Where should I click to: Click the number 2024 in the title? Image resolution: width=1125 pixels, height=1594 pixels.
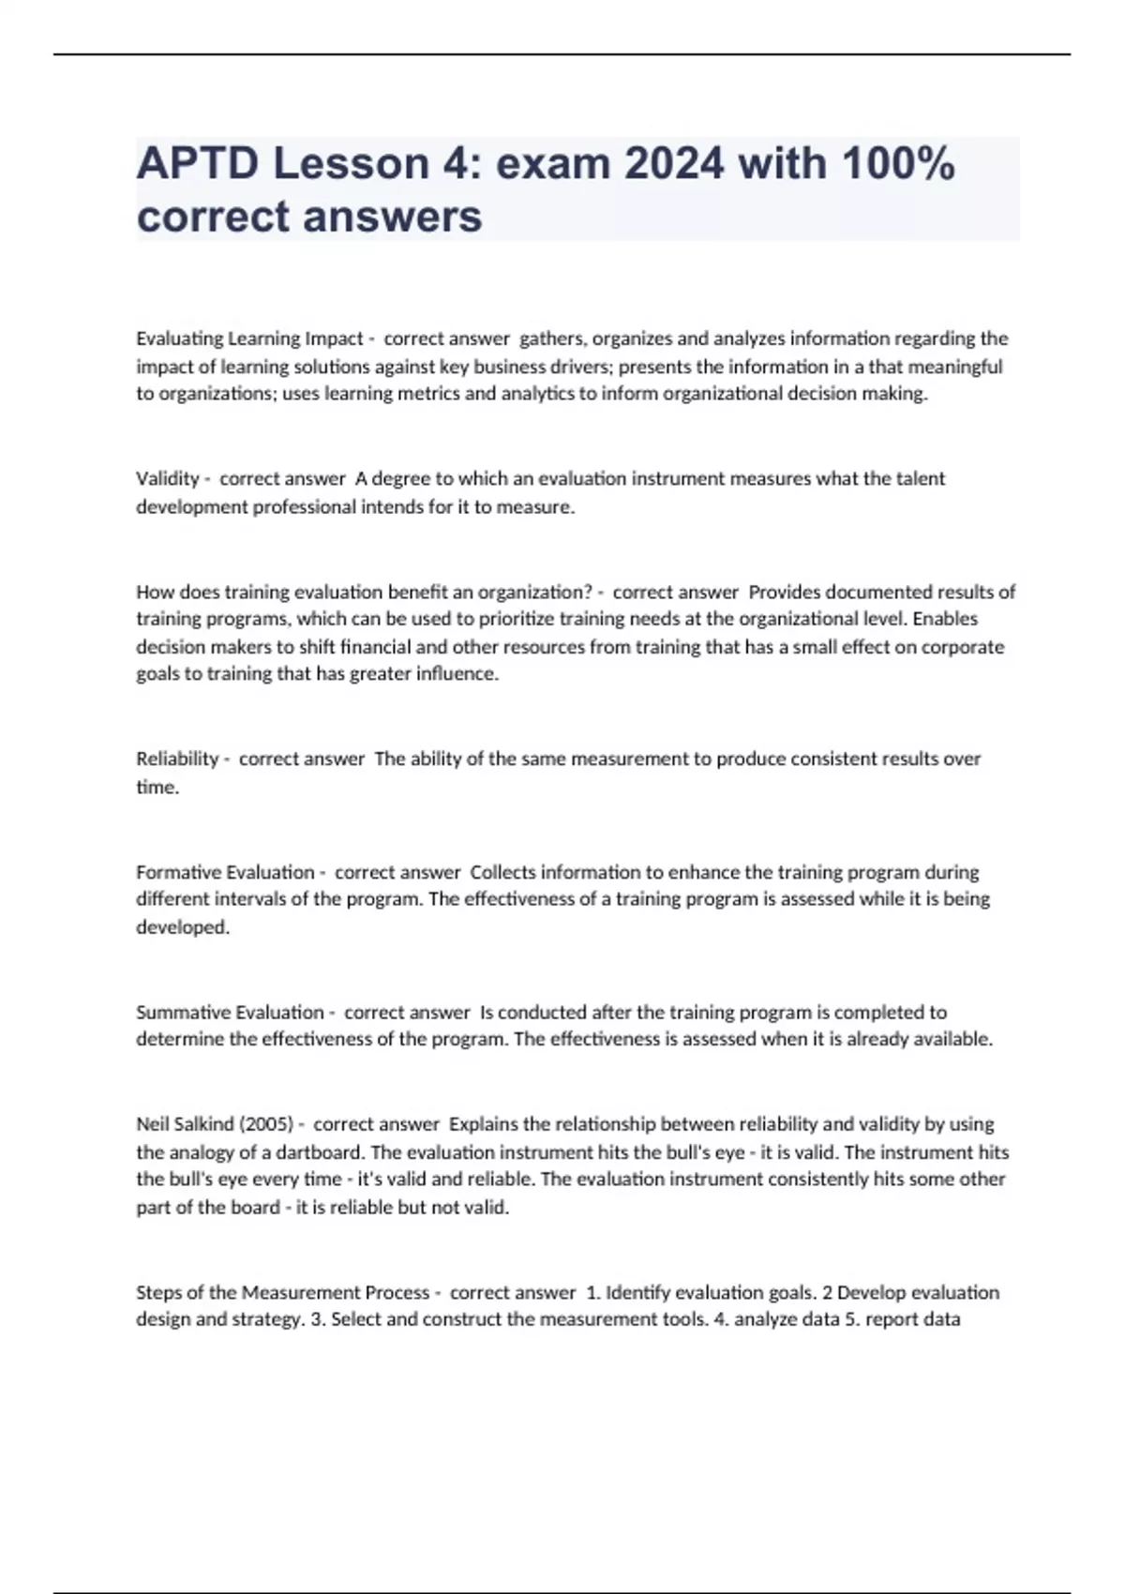tap(674, 164)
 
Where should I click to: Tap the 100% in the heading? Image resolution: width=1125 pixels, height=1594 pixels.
tap(897, 164)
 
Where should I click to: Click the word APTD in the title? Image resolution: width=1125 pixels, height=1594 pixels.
tap(197, 164)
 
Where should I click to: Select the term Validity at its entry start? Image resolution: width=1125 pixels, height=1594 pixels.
tap(167, 479)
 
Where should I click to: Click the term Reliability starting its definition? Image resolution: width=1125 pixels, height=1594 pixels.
tap(177, 759)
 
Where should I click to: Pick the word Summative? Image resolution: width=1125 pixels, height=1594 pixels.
tap(183, 1013)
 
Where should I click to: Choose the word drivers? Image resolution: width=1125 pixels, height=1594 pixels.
tap(577, 367)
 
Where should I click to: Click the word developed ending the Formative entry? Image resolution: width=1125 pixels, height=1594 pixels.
tap(182, 927)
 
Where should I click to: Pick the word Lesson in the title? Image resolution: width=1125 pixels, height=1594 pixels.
tap(351, 164)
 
